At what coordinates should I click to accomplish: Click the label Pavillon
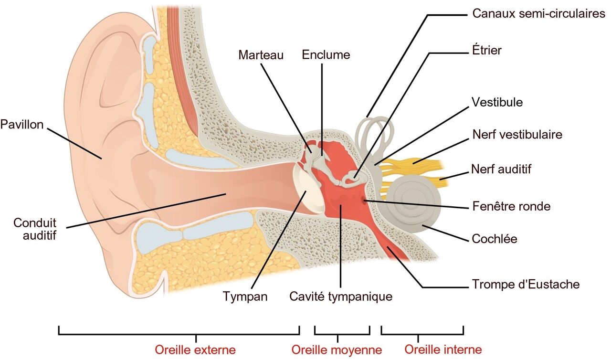[22, 125]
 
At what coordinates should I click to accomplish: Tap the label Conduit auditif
[35, 229]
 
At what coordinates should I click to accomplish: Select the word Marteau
[261, 55]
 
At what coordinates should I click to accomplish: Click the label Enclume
[326, 55]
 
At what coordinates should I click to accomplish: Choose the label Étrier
[486, 50]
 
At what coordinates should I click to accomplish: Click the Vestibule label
[497, 102]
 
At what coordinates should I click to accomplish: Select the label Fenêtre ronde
[511, 206]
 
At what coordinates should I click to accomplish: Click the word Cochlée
[494, 238]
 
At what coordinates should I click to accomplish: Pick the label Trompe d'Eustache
[526, 285]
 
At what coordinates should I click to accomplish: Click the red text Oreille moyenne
[337, 350]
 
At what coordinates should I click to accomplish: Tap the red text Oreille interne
[443, 349]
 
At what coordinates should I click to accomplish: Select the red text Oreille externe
[195, 349]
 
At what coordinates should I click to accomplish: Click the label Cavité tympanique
[341, 296]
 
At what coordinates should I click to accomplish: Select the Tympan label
[245, 296]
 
